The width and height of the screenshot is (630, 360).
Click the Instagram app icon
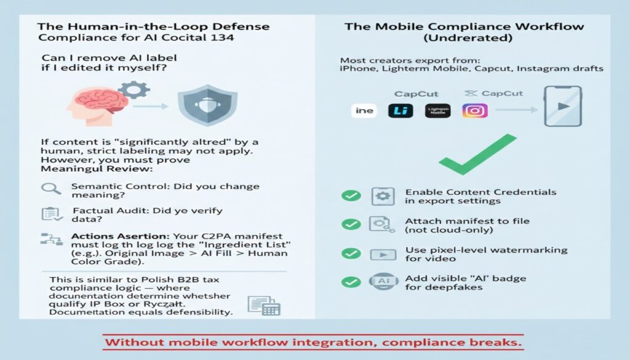click(x=475, y=111)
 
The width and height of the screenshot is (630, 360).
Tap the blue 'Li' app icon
click(x=401, y=111)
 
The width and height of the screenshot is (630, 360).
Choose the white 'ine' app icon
click(x=364, y=111)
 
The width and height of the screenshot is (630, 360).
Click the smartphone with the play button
click(x=563, y=106)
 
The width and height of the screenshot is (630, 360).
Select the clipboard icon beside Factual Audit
click(x=50, y=214)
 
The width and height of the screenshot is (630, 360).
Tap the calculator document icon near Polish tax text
click(x=263, y=306)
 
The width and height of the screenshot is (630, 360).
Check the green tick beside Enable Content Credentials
click(x=351, y=196)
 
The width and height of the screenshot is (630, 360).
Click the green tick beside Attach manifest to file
click(x=351, y=225)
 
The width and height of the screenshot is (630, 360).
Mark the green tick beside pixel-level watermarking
click(x=351, y=254)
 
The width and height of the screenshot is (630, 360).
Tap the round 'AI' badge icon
click(x=383, y=282)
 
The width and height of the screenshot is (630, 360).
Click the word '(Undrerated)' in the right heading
click(x=465, y=39)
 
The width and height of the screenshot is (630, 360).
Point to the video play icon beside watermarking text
click(x=383, y=254)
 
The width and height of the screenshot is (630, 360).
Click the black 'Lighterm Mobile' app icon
click(x=438, y=111)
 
